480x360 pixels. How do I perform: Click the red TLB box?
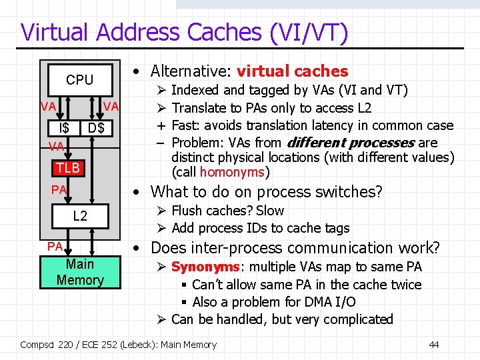pos(68,167)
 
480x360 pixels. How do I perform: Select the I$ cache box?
pos(65,127)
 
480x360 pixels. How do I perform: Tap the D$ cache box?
pos(97,127)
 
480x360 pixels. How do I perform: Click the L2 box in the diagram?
pos(79,215)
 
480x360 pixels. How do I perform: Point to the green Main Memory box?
pos(80,272)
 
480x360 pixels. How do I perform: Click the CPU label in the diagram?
pos(79,80)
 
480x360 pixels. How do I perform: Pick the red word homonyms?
pos(233,173)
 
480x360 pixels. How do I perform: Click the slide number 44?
pos(433,345)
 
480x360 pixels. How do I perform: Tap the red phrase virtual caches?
pos(293,71)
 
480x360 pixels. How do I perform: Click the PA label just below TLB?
pos(59,190)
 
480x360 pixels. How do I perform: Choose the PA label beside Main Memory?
pos(55,247)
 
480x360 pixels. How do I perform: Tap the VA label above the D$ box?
pos(111,107)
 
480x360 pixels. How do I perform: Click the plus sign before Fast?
pos(161,125)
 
